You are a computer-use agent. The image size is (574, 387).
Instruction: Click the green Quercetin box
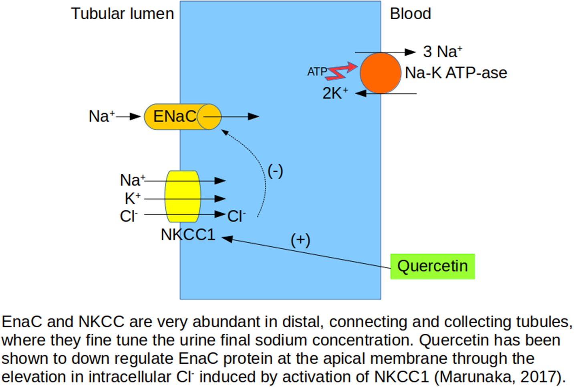click(x=432, y=266)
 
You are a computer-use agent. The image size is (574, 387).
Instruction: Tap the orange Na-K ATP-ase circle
click(x=380, y=73)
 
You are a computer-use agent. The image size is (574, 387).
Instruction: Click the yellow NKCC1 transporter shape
click(x=183, y=196)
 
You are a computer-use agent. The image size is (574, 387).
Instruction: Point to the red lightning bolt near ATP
click(x=341, y=72)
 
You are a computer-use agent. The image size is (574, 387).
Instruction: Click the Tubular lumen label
click(x=123, y=14)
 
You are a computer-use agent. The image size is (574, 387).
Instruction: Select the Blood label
click(x=410, y=14)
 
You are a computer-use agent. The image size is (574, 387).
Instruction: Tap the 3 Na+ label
click(x=442, y=52)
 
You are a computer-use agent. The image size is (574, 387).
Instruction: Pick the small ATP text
click(x=317, y=72)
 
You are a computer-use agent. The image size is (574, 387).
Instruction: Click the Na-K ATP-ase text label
click(x=456, y=73)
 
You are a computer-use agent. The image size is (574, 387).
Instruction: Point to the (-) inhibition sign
click(x=275, y=171)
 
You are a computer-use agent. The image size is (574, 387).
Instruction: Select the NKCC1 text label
click(x=187, y=235)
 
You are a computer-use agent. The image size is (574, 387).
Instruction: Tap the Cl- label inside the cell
click(x=236, y=216)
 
